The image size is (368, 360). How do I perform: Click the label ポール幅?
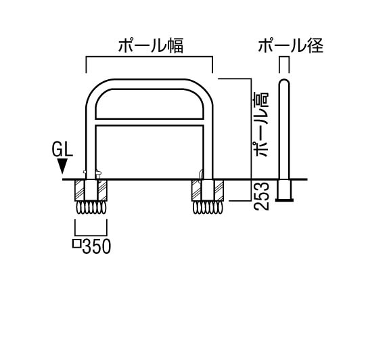tap(150, 45)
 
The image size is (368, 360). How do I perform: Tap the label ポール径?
tap(291, 45)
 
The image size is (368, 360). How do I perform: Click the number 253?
tap(261, 196)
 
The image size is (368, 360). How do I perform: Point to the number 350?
tap(97, 246)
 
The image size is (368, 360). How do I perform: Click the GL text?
tap(62, 150)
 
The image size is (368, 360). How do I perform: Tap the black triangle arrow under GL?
tap(63, 166)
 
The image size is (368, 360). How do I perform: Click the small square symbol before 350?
tap(76, 244)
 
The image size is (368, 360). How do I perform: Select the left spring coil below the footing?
tap(91, 208)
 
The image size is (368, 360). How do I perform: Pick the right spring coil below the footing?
tap(208, 208)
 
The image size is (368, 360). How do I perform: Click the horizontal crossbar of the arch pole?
tap(149, 122)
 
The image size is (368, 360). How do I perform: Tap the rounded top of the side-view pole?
tap(284, 82)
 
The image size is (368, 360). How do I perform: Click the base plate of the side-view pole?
tap(284, 200)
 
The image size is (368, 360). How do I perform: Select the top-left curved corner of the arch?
tap(94, 91)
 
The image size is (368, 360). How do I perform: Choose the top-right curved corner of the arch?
tap(204, 91)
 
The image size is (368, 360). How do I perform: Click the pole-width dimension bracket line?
tap(149, 57)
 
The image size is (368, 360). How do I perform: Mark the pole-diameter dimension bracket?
tap(284, 57)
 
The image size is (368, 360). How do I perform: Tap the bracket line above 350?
tap(91, 235)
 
